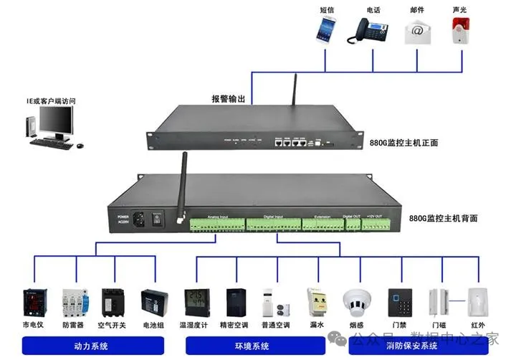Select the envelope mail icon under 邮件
coord(417,30)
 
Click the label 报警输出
coord(228,99)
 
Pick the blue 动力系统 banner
coord(91,346)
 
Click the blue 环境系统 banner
coord(252,346)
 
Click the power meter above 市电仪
coord(34,303)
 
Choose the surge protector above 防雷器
coord(74,303)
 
